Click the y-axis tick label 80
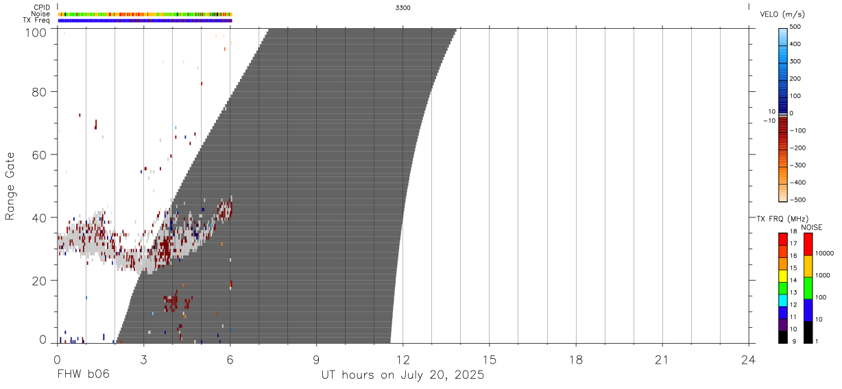[39, 92]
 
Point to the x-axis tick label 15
[490, 360]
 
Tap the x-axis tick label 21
[662, 360]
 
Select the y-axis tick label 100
[36, 33]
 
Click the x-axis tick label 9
[316, 360]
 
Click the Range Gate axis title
[10, 186]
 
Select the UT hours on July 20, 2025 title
[402, 375]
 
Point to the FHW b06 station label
[84, 374]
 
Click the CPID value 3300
[402, 8]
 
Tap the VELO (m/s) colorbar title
[782, 14]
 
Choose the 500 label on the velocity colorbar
[795, 27]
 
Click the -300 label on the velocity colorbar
[797, 165]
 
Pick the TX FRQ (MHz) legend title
[782, 219]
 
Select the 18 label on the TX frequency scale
[793, 231]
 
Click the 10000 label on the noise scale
[824, 254]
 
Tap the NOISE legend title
[812, 228]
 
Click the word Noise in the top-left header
[40, 14]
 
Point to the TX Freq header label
[36, 21]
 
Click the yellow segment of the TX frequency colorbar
[783, 276]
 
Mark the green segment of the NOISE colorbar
[808, 289]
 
